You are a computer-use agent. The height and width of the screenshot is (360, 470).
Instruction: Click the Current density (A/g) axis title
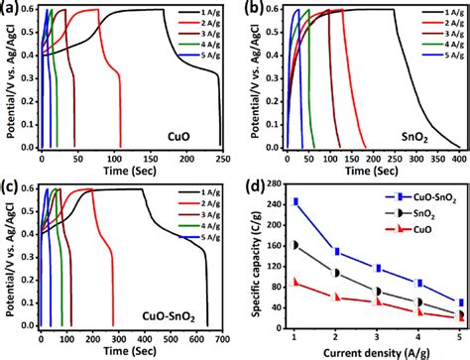(359, 352)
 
